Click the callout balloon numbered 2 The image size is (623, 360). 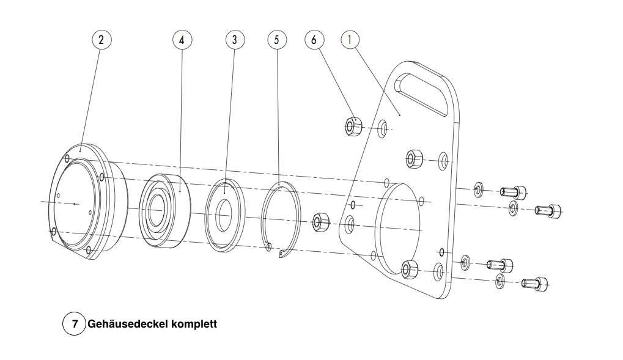[101, 39]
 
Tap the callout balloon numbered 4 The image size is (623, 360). [182, 39]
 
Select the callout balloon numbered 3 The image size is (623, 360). [235, 39]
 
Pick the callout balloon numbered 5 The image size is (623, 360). [277, 39]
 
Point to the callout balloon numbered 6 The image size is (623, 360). [314, 39]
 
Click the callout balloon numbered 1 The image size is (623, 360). [350, 39]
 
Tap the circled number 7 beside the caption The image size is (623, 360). [75, 324]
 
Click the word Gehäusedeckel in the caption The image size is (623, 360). [128, 324]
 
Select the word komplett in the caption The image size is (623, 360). [194, 324]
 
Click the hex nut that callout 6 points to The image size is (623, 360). [352, 127]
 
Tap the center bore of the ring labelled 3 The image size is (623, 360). [224, 215]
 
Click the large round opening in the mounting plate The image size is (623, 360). [397, 229]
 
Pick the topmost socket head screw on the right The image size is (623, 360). [514, 193]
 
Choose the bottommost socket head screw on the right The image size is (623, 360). [535, 284]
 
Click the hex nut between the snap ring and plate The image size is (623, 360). [320, 221]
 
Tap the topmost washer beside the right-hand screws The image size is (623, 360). [478, 189]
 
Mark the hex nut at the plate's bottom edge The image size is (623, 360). [410, 268]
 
